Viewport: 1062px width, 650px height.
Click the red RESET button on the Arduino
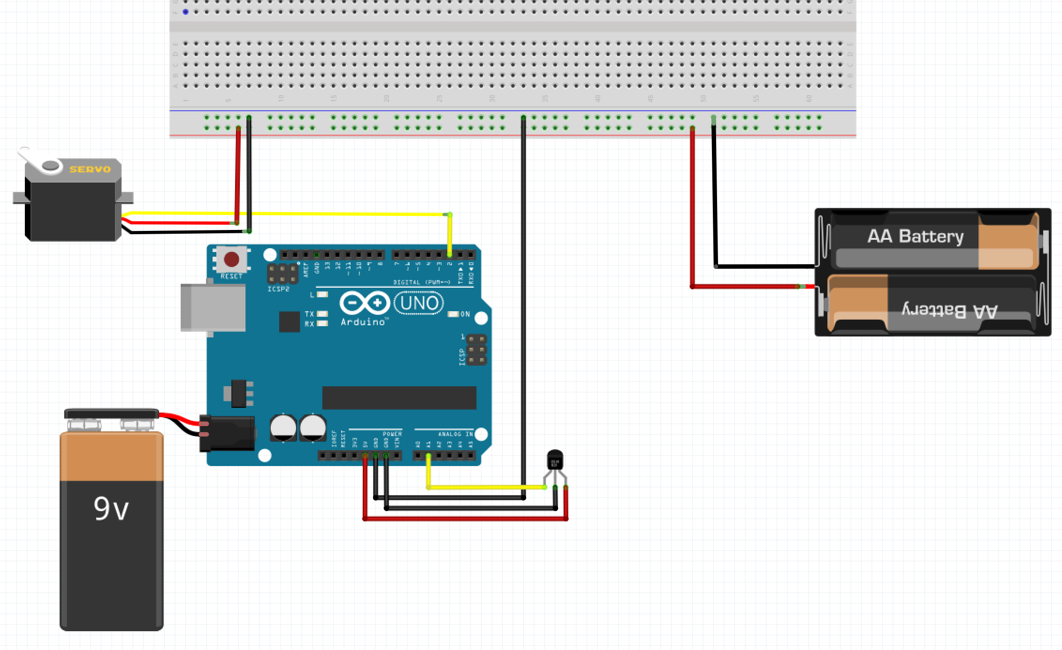coord(231,259)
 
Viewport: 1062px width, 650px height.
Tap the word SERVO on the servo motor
coord(90,169)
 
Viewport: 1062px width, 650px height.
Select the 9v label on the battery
coord(111,509)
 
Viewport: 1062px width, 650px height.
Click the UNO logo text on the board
coord(419,303)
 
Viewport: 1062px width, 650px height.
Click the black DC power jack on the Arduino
coord(229,433)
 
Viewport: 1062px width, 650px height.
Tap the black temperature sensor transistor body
coord(555,459)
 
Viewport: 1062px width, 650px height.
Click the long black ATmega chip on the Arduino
coord(399,398)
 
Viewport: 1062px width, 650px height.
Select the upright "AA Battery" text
coord(915,236)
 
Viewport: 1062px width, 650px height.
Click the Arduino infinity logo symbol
coord(365,303)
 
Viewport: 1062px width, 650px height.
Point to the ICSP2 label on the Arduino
coord(278,289)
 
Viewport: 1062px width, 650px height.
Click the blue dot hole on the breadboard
coord(185,12)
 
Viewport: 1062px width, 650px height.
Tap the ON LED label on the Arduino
coord(465,314)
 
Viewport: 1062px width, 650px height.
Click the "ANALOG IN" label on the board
coord(455,434)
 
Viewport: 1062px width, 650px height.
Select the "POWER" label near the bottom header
coord(392,434)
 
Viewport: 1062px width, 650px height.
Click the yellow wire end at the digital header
coord(450,254)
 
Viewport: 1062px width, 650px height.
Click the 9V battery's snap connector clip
coord(111,414)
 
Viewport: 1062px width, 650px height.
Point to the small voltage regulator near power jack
coord(239,393)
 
